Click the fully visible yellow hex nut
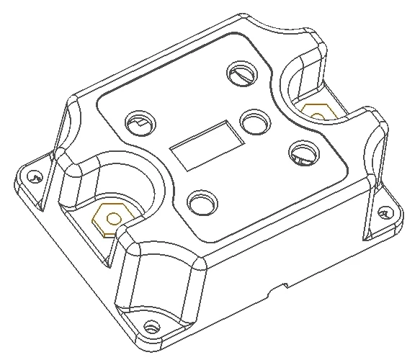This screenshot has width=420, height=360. [x=111, y=217]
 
